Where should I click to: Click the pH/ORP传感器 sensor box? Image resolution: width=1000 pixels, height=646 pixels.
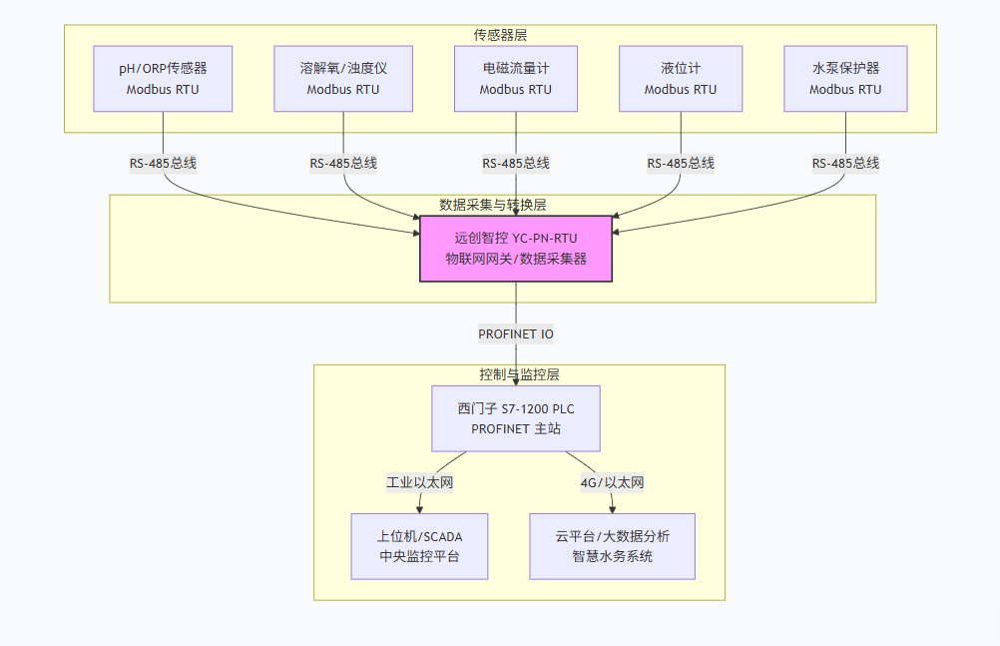[x=163, y=78]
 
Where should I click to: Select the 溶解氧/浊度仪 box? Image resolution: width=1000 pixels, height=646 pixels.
[x=343, y=78]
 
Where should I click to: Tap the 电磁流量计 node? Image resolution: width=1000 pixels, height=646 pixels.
[x=515, y=78]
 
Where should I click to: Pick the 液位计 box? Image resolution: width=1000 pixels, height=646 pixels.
[x=681, y=78]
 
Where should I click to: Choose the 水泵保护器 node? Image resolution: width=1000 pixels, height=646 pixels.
[x=845, y=78]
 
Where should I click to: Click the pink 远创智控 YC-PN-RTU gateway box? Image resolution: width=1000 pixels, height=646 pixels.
[x=515, y=249]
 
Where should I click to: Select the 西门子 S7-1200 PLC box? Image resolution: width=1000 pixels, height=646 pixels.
[x=515, y=418]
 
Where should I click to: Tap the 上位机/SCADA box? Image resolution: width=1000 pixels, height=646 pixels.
[x=419, y=546]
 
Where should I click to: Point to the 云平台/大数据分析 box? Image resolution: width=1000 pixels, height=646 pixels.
[x=612, y=546]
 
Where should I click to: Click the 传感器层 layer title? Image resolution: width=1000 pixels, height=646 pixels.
[x=500, y=35]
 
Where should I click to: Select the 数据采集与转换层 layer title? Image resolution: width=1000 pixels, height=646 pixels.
[x=492, y=205]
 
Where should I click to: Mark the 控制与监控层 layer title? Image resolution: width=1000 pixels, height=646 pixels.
[x=519, y=374]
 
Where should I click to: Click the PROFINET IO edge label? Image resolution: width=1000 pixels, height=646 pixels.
[x=515, y=333]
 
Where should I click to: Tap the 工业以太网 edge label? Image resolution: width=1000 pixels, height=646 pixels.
[x=420, y=483]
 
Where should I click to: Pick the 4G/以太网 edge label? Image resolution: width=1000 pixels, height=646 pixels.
[x=612, y=483]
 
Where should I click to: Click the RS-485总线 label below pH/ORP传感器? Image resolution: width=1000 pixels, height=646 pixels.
[x=163, y=164]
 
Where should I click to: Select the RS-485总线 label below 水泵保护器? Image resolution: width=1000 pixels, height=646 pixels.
[x=845, y=164]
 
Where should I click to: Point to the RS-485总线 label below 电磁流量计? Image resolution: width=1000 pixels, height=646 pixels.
[x=515, y=164]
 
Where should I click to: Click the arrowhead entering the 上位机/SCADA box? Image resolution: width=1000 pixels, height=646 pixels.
[x=419, y=509]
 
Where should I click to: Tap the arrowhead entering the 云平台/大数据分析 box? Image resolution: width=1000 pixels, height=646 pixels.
[x=612, y=509]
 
